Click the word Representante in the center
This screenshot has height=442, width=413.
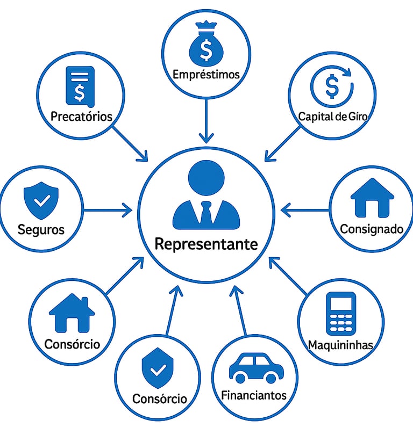pos(206,244)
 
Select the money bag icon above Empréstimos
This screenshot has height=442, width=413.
pos(206,47)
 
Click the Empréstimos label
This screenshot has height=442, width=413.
pos(206,75)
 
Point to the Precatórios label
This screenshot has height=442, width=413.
pos(81,116)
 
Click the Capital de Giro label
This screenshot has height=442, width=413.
pos(333,115)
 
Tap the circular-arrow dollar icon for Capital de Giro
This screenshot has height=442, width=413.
pos(332,86)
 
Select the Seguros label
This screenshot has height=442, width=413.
pos(41,230)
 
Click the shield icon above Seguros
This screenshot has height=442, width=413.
pos(41,199)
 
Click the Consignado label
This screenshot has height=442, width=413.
pos(372,229)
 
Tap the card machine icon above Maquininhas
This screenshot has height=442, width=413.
pos(341,314)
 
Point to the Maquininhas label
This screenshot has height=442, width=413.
pos(340,345)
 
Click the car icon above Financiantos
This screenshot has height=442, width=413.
pos(256,368)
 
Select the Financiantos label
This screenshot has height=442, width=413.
pos(254,396)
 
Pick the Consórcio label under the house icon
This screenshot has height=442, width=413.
pos(72,344)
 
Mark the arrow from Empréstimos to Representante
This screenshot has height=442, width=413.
pos(206,121)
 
